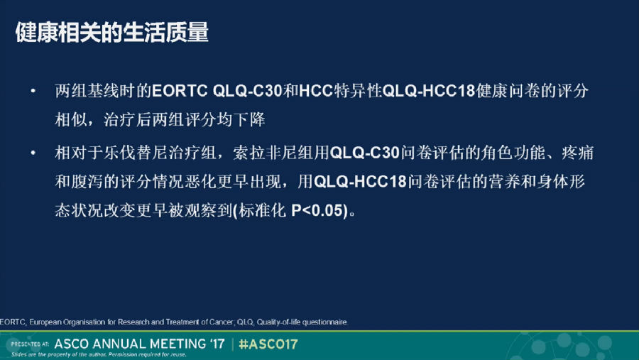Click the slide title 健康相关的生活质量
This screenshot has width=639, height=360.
click(112, 32)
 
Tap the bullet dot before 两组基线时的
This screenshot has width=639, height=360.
click(33, 91)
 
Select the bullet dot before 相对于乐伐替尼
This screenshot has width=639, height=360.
click(33, 153)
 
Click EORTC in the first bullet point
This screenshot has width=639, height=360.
click(180, 91)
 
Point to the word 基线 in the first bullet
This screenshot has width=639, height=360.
click(95, 91)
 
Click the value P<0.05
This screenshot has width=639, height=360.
click(319, 211)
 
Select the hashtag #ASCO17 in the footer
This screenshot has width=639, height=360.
click(268, 344)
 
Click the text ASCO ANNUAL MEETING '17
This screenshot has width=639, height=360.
click(139, 344)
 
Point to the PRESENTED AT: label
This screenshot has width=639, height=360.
click(30, 344)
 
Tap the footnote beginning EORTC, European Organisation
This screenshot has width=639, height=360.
click(174, 322)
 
